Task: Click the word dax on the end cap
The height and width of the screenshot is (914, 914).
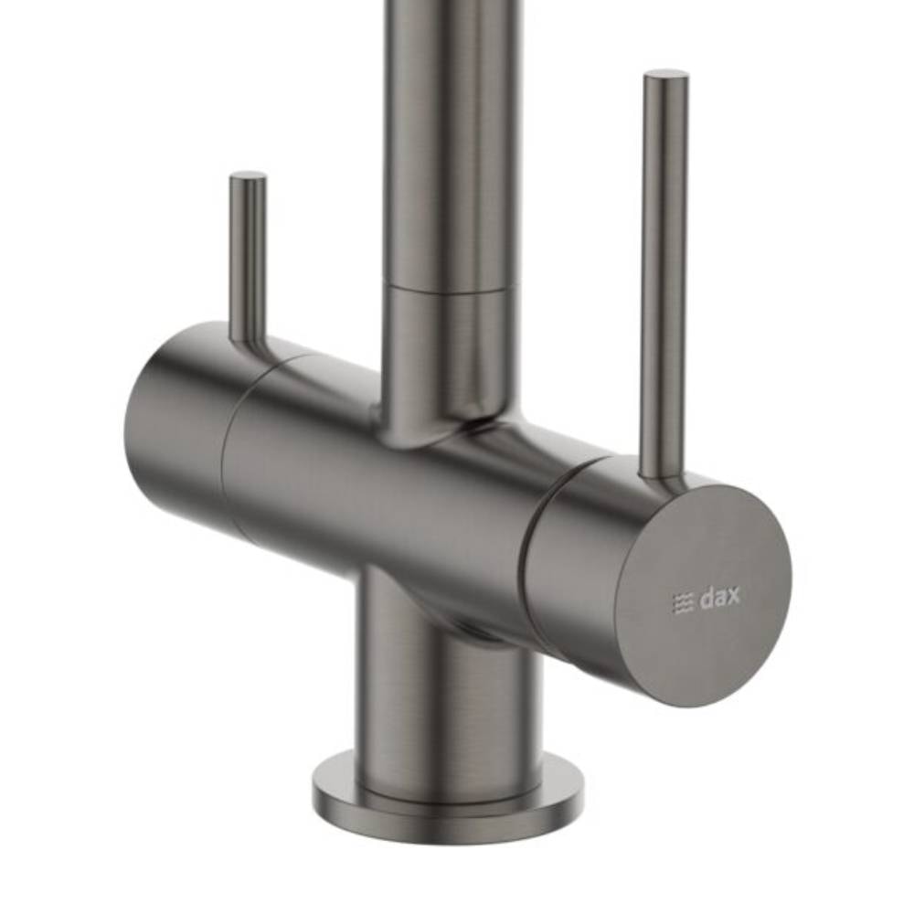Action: click(x=720, y=600)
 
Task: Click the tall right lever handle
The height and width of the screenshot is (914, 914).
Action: click(x=664, y=274)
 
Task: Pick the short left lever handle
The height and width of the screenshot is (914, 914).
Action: click(x=248, y=256)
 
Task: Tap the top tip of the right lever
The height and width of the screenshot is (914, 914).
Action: click(x=666, y=75)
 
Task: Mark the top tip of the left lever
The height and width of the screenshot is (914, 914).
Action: click(x=248, y=176)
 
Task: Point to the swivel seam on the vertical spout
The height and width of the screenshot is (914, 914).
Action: click(x=449, y=290)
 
